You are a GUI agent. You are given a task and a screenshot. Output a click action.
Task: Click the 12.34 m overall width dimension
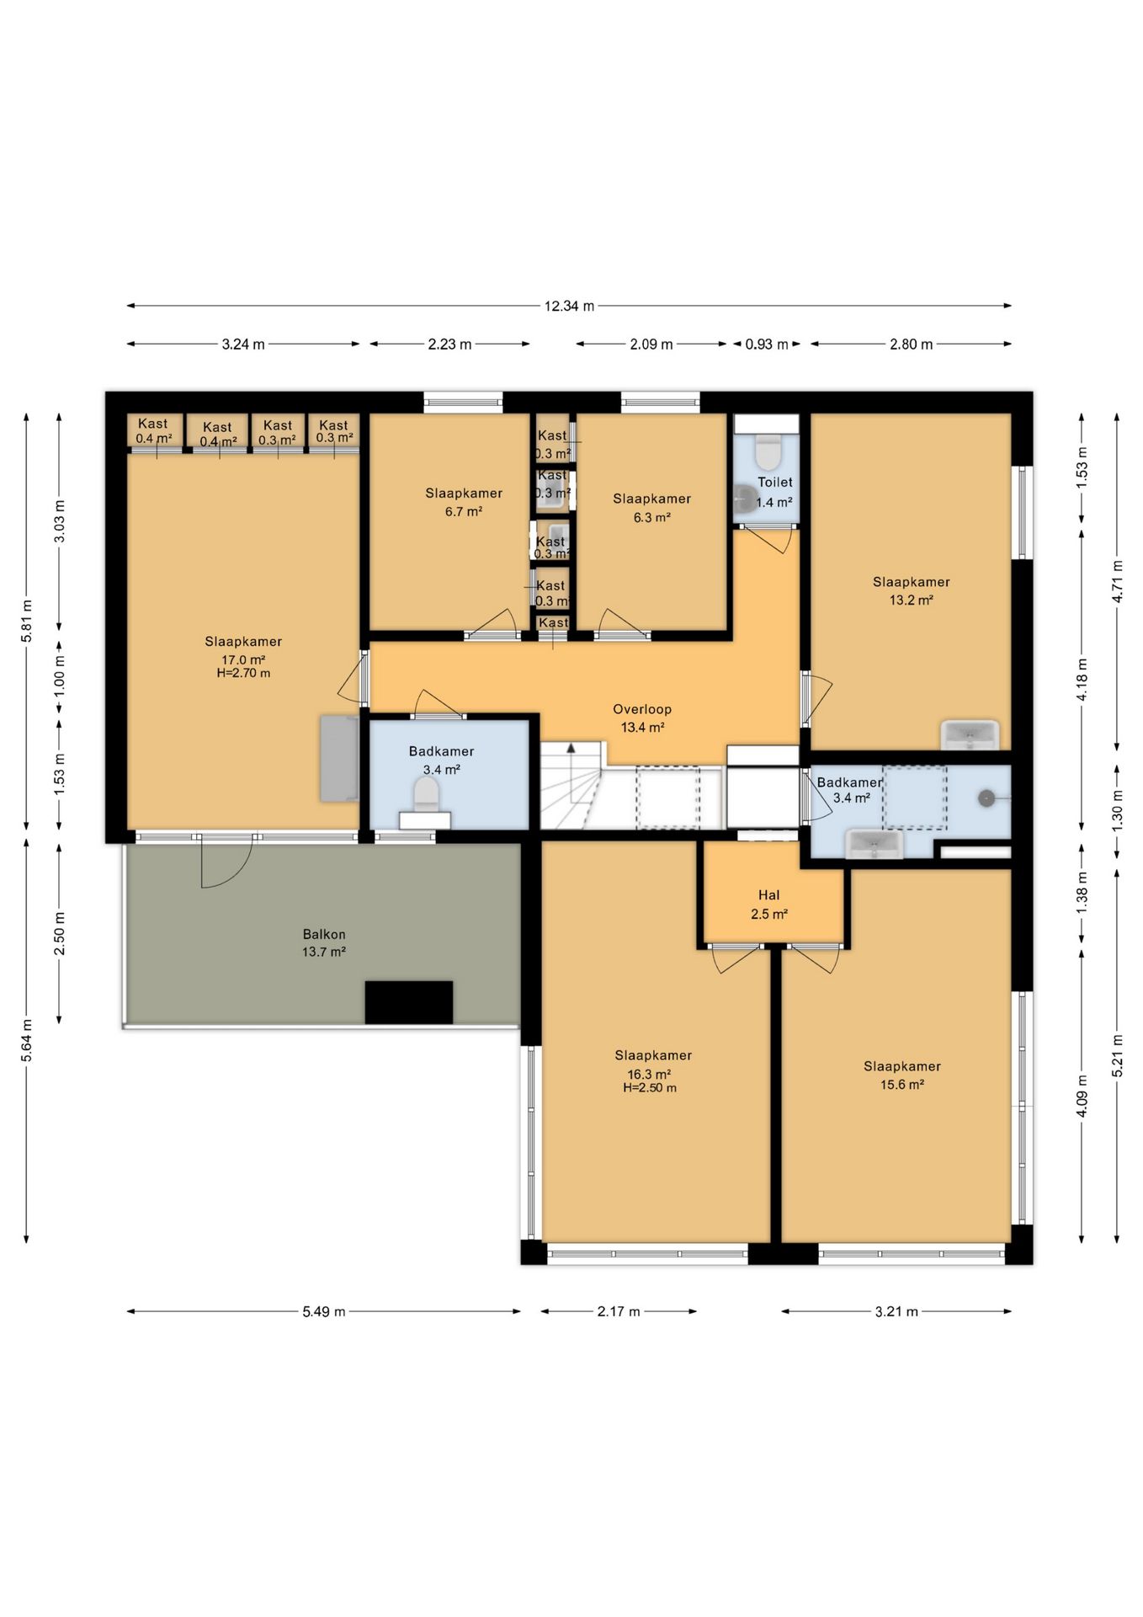point(569,306)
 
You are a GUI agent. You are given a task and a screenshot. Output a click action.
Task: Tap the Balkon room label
point(324,934)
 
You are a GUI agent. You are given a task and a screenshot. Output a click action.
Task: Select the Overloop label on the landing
point(642,709)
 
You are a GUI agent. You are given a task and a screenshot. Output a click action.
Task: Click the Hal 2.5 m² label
point(769,905)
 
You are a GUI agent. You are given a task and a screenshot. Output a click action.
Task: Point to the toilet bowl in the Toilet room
point(767,451)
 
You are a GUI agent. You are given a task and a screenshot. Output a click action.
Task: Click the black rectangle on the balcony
point(408,1002)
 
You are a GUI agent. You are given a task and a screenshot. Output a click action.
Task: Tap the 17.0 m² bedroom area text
point(243,659)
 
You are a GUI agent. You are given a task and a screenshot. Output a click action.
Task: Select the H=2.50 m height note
point(650,1087)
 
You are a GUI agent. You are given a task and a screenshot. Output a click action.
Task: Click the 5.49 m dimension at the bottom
point(324,1311)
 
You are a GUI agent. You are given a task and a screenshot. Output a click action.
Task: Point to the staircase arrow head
point(571,747)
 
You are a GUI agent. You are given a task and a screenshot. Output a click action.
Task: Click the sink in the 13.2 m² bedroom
point(970,734)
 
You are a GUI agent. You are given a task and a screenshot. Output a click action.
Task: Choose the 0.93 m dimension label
point(767,344)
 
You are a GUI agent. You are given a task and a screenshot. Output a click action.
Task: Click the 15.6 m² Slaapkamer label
point(902,1075)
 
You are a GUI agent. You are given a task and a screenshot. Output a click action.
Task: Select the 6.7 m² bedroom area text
point(464,511)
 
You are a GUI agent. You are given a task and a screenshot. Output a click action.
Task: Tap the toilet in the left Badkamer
point(426,794)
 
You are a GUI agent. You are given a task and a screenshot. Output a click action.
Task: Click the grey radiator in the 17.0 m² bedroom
point(339,758)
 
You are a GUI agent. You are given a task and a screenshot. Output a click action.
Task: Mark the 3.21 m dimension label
point(896,1311)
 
